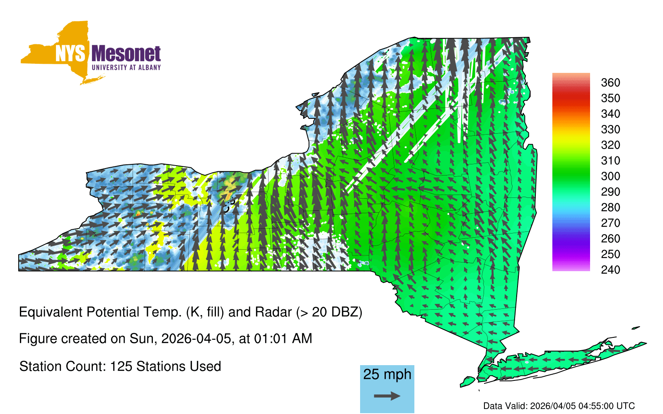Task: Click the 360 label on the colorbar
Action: pos(610,82)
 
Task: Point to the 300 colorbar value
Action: pos(610,176)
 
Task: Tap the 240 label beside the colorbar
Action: pos(610,270)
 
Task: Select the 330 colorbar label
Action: pos(610,129)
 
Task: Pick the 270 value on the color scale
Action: pos(610,223)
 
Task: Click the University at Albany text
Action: pos(126,67)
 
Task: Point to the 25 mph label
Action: pos(387,374)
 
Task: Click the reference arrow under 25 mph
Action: pos(387,396)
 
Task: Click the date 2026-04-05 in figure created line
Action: pos(196,339)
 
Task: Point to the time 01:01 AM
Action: pos(283,339)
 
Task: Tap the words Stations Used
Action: pos(179,366)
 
